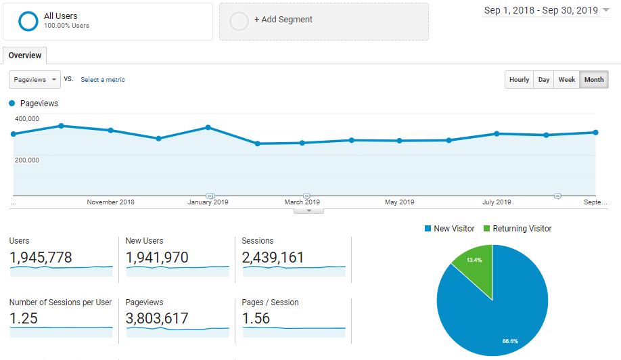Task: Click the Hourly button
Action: (519, 80)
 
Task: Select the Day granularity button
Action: (544, 80)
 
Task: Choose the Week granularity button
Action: (567, 80)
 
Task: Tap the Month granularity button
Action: (594, 80)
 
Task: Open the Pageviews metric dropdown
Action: (35, 79)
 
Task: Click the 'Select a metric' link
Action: (103, 80)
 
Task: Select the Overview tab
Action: (25, 55)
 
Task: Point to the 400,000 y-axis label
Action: (27, 119)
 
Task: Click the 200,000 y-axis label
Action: (27, 160)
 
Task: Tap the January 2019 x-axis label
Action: (208, 202)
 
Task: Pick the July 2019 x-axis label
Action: (497, 202)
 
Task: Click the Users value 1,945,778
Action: (41, 257)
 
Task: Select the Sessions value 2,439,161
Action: (273, 257)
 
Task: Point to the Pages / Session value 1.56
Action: (256, 318)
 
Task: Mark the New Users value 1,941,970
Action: (157, 257)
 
